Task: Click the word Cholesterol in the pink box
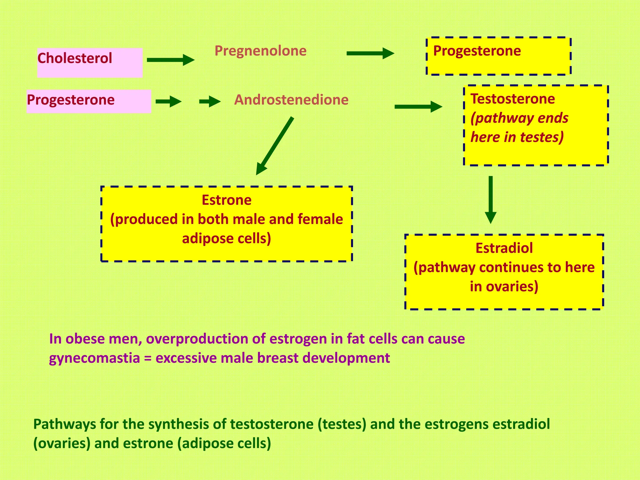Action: pyautogui.click(x=75, y=58)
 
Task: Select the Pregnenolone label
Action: pyautogui.click(x=260, y=51)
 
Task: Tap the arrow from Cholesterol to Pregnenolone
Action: pyautogui.click(x=170, y=60)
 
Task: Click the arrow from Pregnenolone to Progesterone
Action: pyautogui.click(x=370, y=53)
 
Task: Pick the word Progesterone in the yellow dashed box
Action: pyautogui.click(x=477, y=51)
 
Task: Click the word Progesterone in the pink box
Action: pyautogui.click(x=71, y=100)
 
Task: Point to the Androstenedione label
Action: pyautogui.click(x=291, y=100)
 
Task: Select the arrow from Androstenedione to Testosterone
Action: pyautogui.click(x=418, y=107)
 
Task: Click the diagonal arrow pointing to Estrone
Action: pyautogui.click(x=275, y=146)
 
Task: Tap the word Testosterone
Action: pyautogui.click(x=512, y=99)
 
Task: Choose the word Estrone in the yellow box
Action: pyautogui.click(x=227, y=200)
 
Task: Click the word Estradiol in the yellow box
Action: pyautogui.click(x=504, y=248)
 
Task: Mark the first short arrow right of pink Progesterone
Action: pyautogui.click(x=168, y=101)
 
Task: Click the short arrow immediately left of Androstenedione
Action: pyautogui.click(x=210, y=101)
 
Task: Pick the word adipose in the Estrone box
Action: pyautogui.click(x=207, y=239)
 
